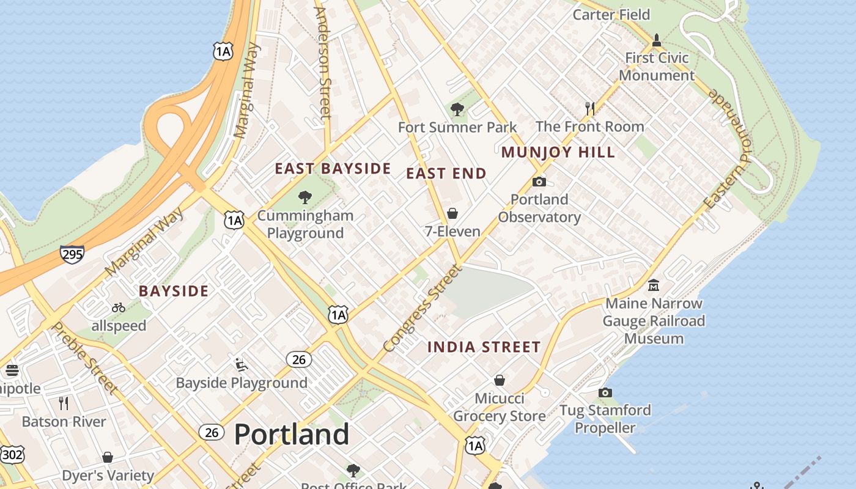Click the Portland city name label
click(x=292, y=434)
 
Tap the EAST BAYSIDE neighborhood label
click(x=333, y=169)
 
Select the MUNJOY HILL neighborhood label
click(x=558, y=152)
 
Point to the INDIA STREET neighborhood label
click(x=484, y=347)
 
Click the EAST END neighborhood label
click(x=446, y=174)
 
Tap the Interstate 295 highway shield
click(x=72, y=254)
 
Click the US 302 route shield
click(x=12, y=454)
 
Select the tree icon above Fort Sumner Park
click(x=457, y=110)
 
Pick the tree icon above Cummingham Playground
click(x=304, y=197)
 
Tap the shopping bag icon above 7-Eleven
click(x=452, y=213)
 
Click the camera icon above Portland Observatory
click(x=539, y=182)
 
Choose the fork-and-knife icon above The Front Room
click(x=589, y=109)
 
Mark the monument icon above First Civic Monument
click(x=657, y=40)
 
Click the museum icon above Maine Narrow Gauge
click(x=653, y=285)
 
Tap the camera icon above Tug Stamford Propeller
click(x=605, y=392)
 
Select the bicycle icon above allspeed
click(x=119, y=308)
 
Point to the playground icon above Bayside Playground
click(x=241, y=365)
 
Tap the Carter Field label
click(x=611, y=14)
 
